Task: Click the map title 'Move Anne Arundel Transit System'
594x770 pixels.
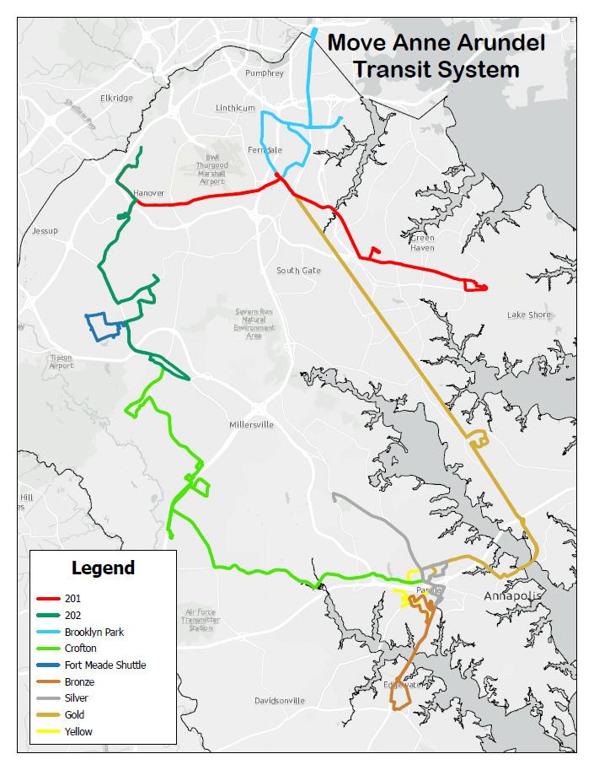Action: (x=436, y=56)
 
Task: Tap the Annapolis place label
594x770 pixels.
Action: (x=510, y=596)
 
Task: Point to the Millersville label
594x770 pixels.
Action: (x=251, y=424)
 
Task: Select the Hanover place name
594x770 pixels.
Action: (x=149, y=193)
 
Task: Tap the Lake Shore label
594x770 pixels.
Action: (x=528, y=315)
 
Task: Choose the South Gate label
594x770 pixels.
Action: (x=298, y=271)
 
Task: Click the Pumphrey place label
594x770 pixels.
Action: (x=265, y=73)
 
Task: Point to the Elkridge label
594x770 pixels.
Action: (x=116, y=98)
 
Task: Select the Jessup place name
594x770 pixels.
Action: (x=44, y=230)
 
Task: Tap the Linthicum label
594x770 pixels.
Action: (x=235, y=108)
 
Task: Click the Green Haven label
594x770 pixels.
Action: (x=421, y=243)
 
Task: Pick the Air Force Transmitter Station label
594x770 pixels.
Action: (x=201, y=620)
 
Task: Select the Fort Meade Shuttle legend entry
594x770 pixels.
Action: (x=104, y=665)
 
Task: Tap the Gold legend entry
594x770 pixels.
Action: (x=74, y=715)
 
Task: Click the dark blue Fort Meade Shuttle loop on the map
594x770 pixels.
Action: (x=103, y=326)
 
